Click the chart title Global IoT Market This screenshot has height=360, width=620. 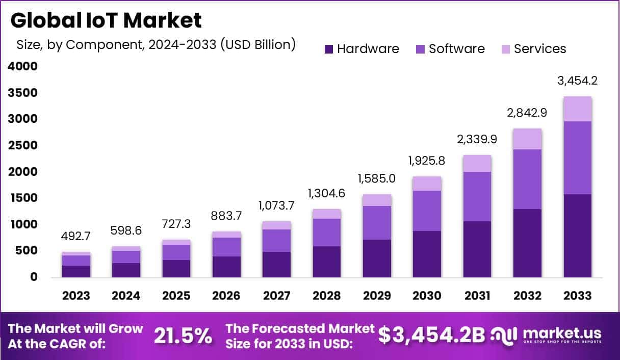point(106,20)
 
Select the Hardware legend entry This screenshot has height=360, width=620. point(361,49)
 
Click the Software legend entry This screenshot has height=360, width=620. point(450,49)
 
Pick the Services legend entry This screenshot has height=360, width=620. point(533,49)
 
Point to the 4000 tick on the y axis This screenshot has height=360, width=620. point(22,66)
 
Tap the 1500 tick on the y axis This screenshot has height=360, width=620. point(22,198)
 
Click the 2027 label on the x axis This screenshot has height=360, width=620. point(277,296)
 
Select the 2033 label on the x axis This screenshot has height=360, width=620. point(578,296)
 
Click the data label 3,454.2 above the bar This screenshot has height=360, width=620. point(577,81)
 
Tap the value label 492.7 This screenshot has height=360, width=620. point(76,237)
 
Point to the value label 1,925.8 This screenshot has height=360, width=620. point(427,161)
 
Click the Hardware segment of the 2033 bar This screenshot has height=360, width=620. point(578,236)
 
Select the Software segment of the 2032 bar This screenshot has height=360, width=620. point(527,179)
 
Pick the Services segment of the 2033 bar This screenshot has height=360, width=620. point(578,109)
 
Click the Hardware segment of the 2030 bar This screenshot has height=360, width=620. point(427,254)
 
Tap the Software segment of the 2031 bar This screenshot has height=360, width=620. point(477,196)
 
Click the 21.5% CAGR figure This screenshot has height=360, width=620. point(183,336)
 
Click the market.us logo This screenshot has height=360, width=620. point(546,336)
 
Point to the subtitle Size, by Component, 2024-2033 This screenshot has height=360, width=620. point(156,44)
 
